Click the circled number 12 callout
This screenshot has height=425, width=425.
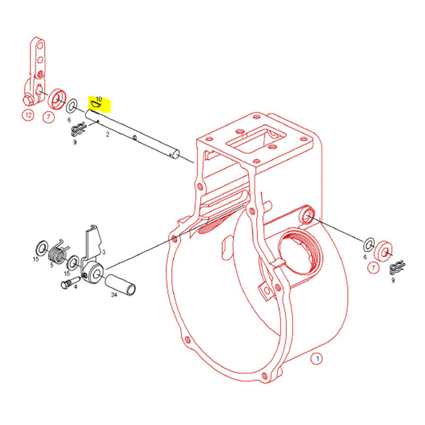coord(28,115)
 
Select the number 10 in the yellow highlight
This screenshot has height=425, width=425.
coord(99,99)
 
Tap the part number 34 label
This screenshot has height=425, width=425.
coord(114,295)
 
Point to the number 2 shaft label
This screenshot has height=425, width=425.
coord(108,134)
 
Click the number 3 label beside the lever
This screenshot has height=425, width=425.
coord(104,252)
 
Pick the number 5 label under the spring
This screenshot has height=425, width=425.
coord(52,265)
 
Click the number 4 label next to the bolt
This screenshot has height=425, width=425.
coord(75,286)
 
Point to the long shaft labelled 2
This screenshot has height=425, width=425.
coord(132,134)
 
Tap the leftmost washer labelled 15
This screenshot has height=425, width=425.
coord(42,248)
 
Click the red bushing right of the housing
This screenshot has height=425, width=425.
coord(383,251)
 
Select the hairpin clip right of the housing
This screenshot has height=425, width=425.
coord(397,268)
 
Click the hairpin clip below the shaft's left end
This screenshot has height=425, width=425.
coord(79,129)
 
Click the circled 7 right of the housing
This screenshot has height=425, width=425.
coord(373,268)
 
